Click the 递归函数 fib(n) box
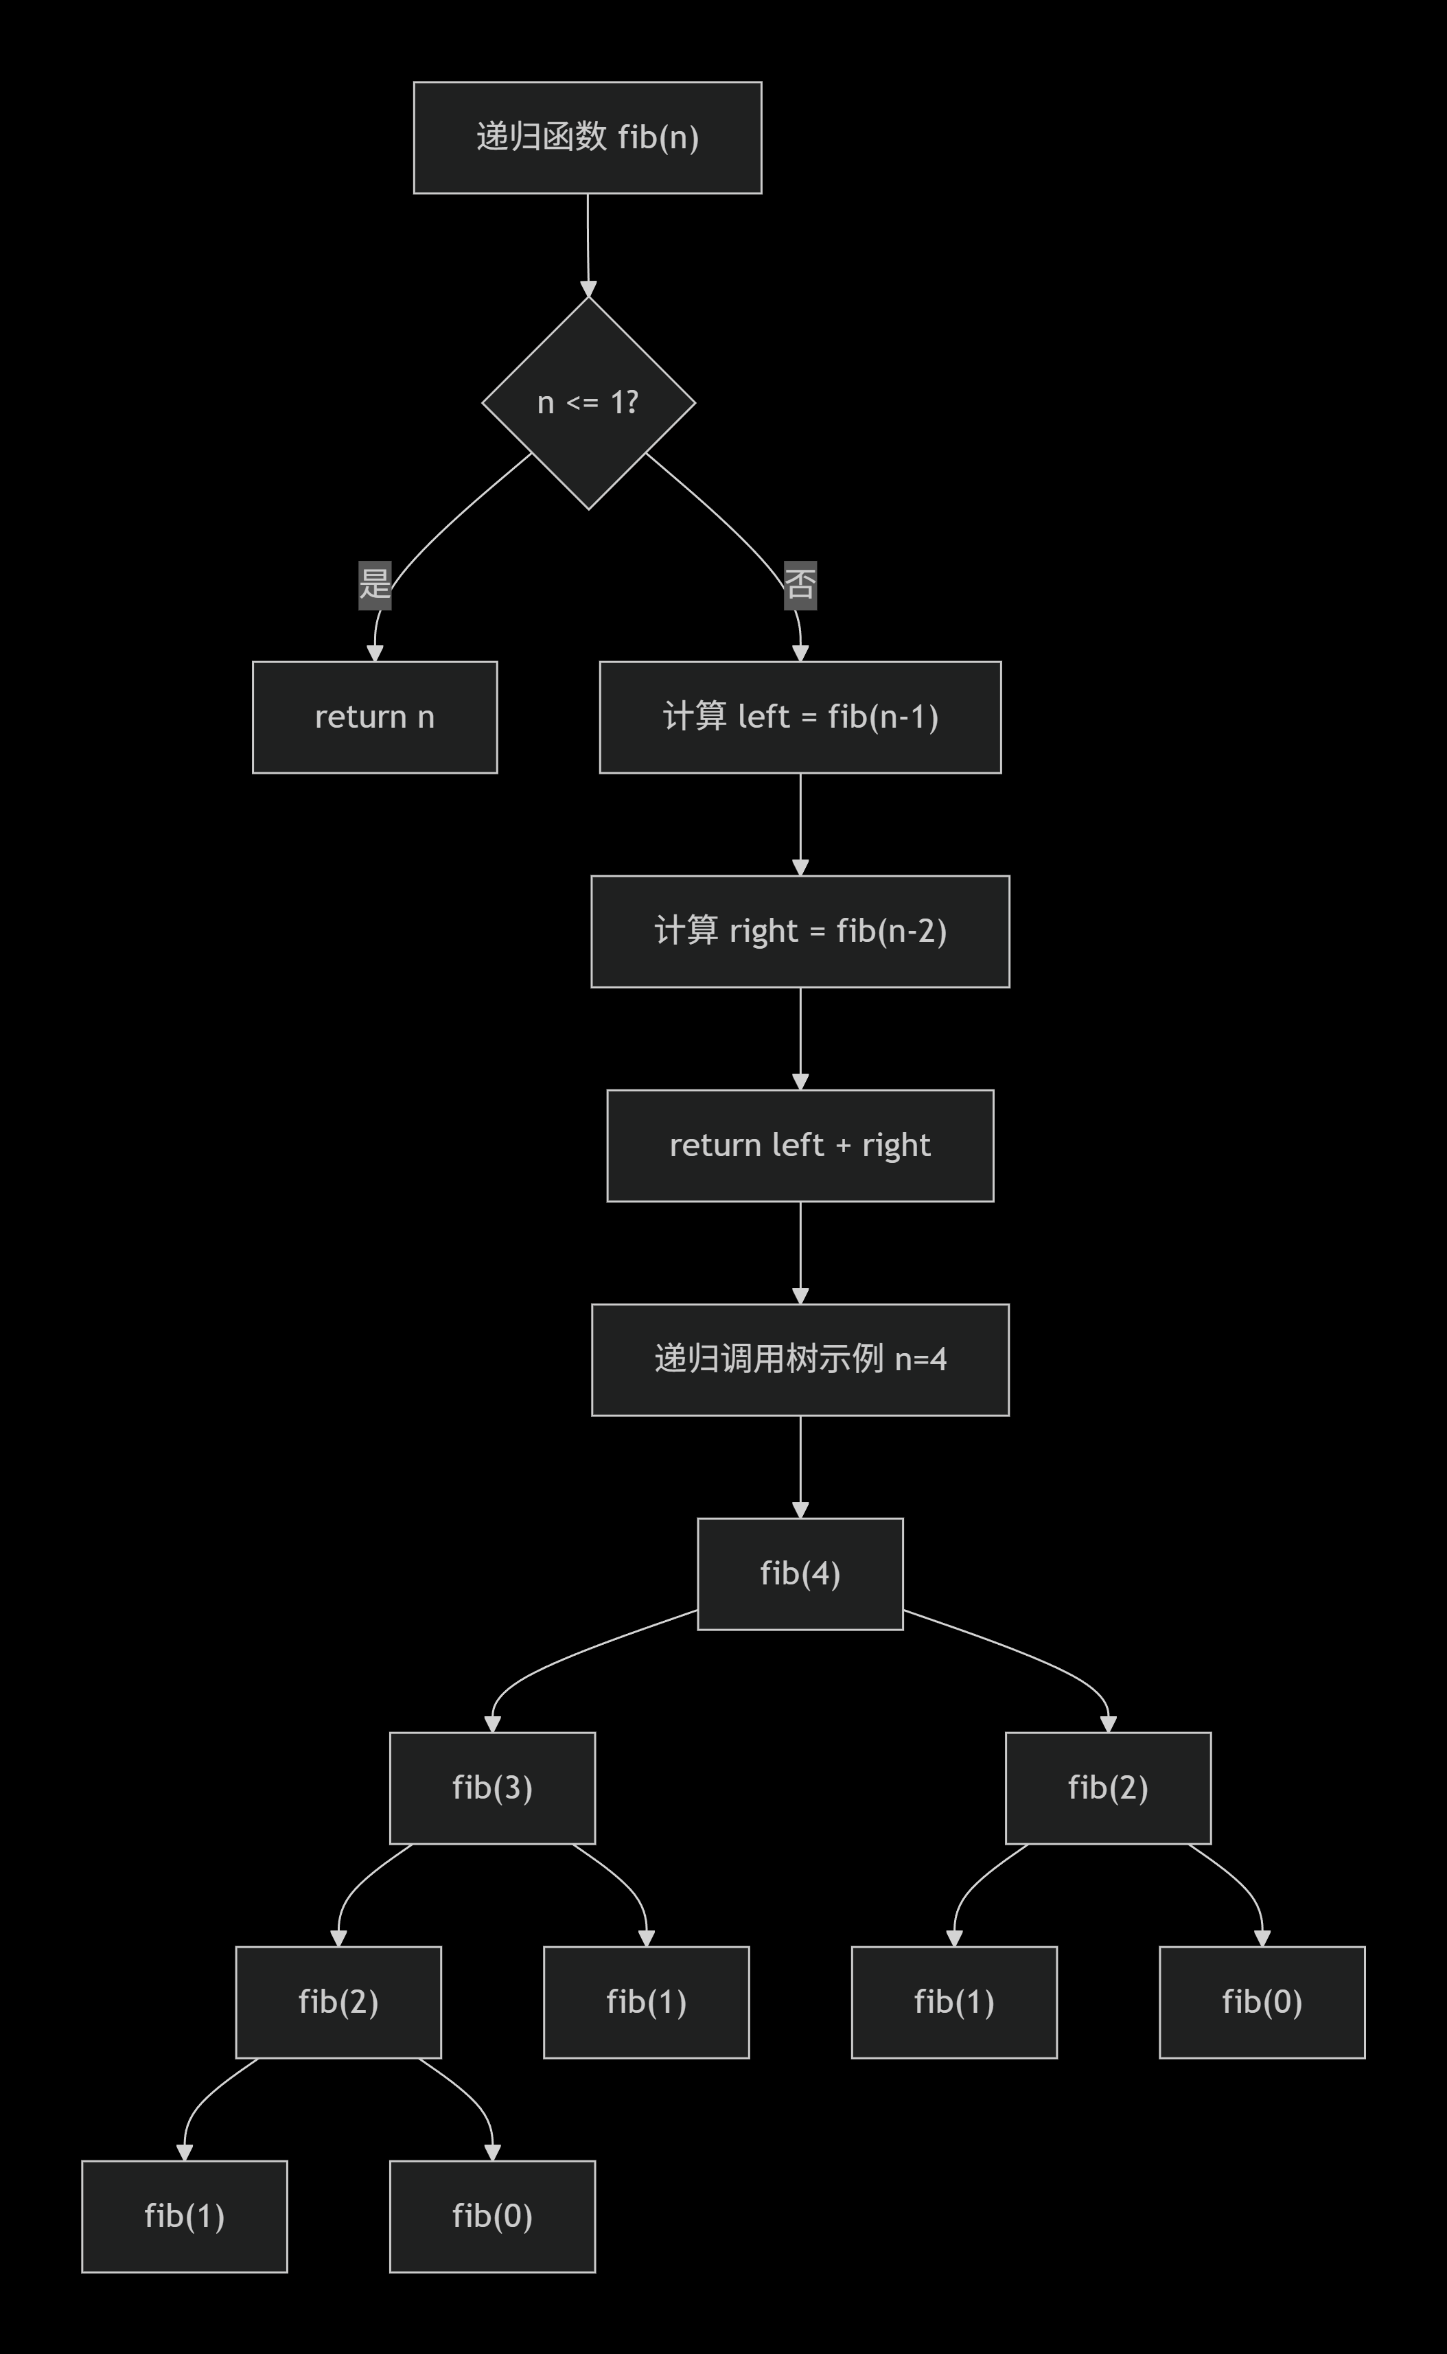pyautogui.click(x=587, y=138)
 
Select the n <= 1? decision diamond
pyautogui.click(x=588, y=403)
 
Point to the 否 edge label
pyautogui.click(x=800, y=584)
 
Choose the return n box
pyautogui.click(x=374, y=717)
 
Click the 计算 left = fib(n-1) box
pyautogui.click(x=800, y=717)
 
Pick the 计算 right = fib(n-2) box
pyautogui.click(x=800, y=931)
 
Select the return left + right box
pyautogui.click(x=800, y=1146)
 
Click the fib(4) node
pyautogui.click(x=800, y=1573)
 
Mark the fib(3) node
pyautogui.click(x=492, y=1788)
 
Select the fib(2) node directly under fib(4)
pyautogui.click(x=1107, y=1788)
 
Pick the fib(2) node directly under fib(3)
pyautogui.click(x=338, y=2002)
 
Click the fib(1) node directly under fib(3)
pyautogui.click(x=646, y=2002)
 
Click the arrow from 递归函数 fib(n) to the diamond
pyautogui.click(x=588, y=244)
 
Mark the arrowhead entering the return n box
pyautogui.click(x=375, y=653)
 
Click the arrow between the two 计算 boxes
pyautogui.click(x=800, y=823)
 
